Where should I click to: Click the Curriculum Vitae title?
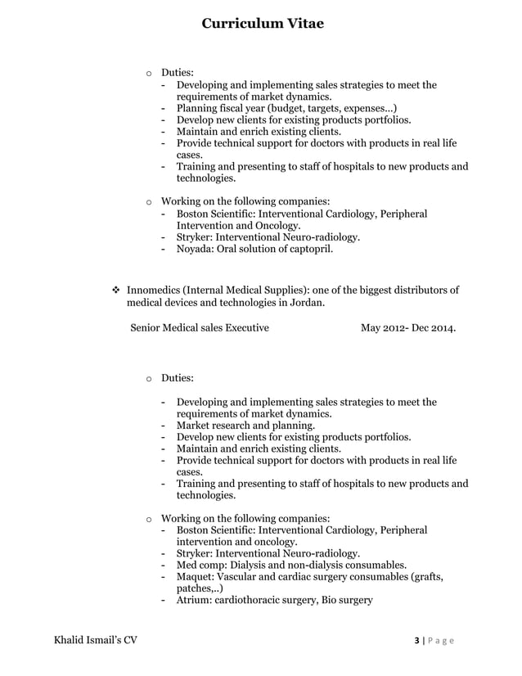pos(263,24)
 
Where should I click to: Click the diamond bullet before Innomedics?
pos(115,290)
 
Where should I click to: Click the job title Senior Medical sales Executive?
pos(200,329)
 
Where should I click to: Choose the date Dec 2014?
pos(436,329)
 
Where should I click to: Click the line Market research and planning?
pos(245,426)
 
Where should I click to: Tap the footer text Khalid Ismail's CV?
pos(90,640)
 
